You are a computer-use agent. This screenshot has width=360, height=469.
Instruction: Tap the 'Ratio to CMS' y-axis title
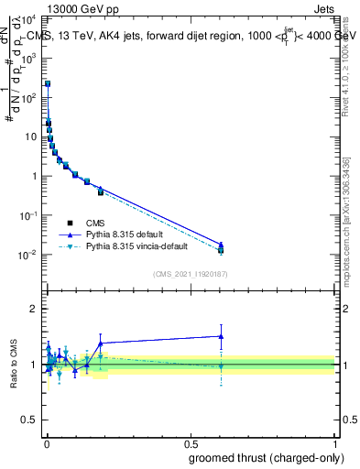tap(15, 364)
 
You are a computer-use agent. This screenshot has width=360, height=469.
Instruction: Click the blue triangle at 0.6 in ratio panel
tap(221, 336)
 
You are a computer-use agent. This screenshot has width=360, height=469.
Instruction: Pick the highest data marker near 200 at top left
tap(48, 83)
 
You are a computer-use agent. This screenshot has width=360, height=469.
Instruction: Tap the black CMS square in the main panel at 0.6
tap(221, 249)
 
